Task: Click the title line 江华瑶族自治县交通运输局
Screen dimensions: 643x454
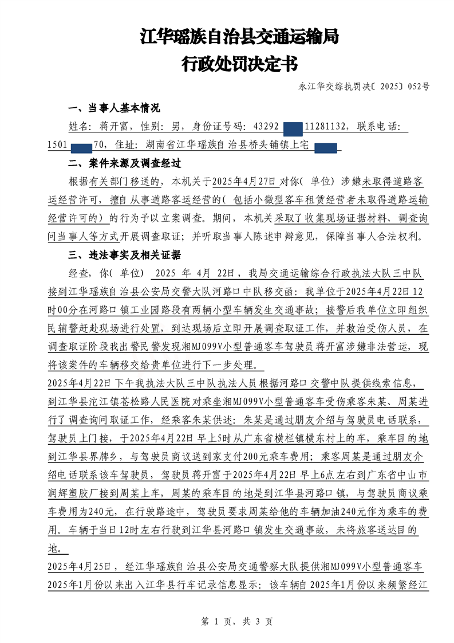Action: tap(239, 38)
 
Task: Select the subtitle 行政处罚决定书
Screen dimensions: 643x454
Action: tap(239, 64)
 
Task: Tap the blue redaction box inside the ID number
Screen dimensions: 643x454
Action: tap(293, 127)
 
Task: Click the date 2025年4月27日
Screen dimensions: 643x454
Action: tap(244, 182)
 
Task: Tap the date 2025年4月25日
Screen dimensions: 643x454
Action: tap(77, 566)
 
